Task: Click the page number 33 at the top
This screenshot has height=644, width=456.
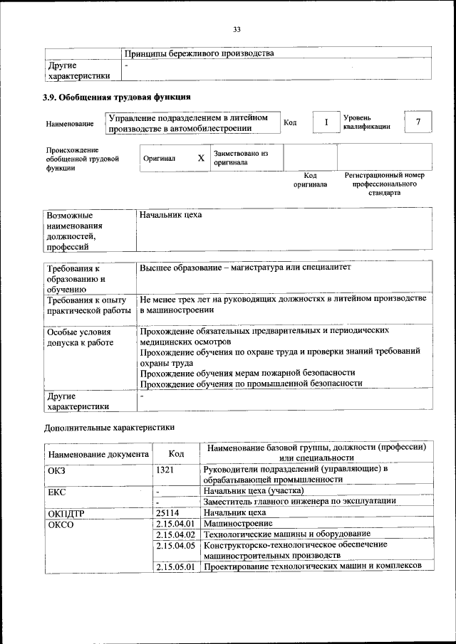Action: point(237,29)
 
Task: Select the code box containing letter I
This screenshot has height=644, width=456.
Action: point(326,122)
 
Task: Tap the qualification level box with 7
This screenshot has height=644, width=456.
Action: point(418,122)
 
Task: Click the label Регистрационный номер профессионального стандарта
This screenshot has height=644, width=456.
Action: point(384,184)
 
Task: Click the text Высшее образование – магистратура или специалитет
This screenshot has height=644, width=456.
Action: point(246,268)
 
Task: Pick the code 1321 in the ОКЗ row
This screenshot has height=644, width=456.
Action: point(165,470)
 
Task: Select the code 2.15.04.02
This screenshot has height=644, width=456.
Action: point(175,534)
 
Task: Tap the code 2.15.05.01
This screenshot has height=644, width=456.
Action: point(175,566)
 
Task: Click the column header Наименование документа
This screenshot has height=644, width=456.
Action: point(98,453)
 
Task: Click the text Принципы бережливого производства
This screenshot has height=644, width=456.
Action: point(199,53)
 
